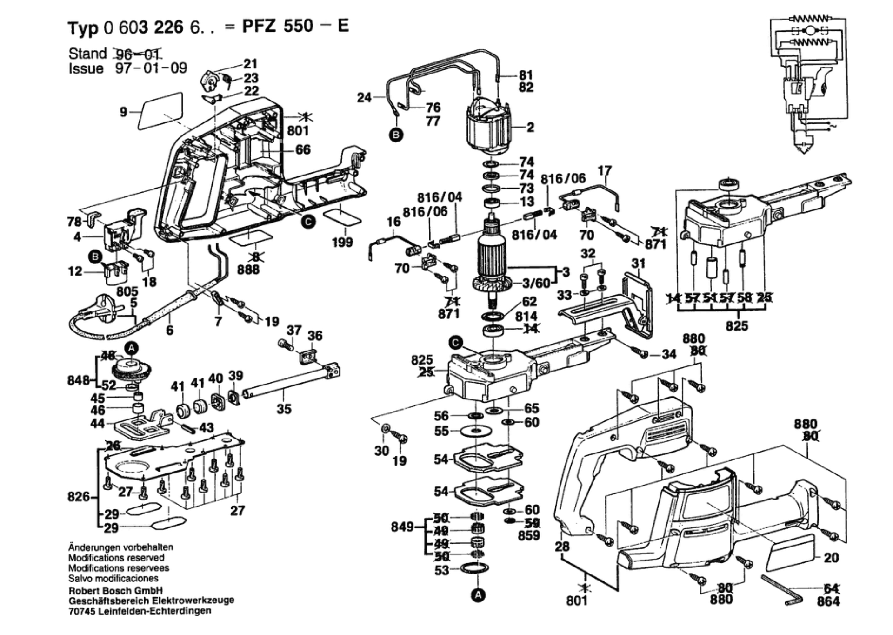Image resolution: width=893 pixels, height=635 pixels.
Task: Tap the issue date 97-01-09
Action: click(x=151, y=68)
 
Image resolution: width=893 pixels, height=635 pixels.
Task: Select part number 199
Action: click(x=342, y=243)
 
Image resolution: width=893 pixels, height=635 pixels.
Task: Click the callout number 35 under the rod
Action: click(x=284, y=409)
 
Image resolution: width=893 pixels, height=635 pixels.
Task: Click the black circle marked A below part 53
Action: click(x=478, y=595)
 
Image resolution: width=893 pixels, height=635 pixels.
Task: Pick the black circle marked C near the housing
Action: click(x=308, y=222)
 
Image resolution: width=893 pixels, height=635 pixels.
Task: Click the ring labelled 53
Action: click(x=475, y=568)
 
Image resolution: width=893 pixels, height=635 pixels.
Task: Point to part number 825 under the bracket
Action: click(x=737, y=325)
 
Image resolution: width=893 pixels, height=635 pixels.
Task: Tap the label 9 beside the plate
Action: click(x=123, y=112)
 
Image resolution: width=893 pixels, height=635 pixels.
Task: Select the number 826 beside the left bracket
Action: click(x=78, y=497)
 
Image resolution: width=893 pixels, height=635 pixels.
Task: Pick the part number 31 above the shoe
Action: click(x=638, y=263)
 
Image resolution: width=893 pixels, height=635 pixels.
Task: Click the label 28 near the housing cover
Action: click(x=562, y=546)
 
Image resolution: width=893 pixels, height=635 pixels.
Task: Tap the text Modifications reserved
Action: click(x=116, y=558)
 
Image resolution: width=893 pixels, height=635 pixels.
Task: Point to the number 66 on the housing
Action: click(x=303, y=149)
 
